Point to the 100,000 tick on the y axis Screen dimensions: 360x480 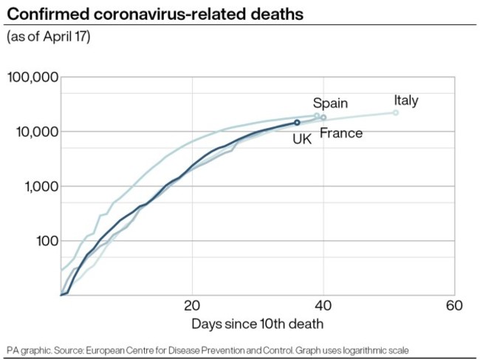(32, 77)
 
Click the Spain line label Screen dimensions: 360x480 (329, 103)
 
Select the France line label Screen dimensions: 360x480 (340, 133)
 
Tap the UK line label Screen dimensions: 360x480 (301, 138)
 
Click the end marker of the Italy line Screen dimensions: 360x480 (395, 112)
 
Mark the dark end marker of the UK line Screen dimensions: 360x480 (297, 123)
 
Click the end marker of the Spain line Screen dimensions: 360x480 (317, 116)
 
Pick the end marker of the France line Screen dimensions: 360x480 (323, 118)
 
